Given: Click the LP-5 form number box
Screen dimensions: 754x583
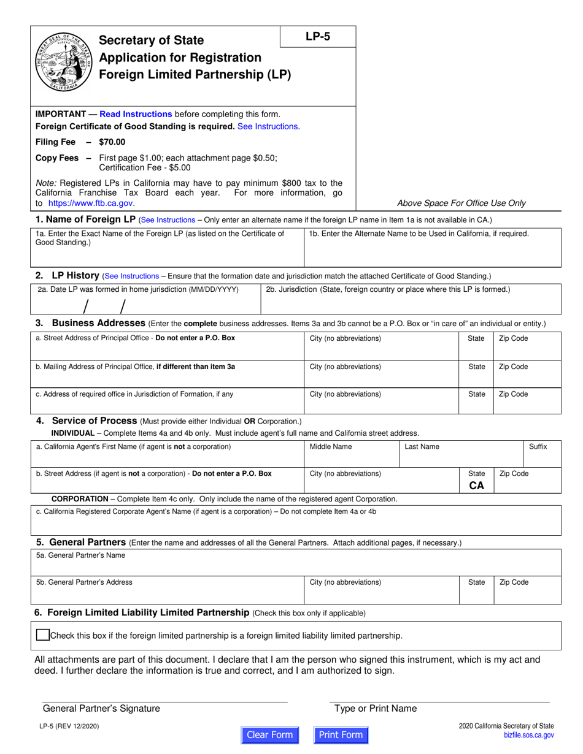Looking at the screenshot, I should pos(318,36).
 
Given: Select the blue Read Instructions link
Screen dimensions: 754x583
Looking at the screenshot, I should pos(136,114).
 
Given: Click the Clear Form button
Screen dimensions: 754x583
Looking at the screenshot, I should pos(269,735).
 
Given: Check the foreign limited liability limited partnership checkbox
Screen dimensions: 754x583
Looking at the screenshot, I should pos(42,635).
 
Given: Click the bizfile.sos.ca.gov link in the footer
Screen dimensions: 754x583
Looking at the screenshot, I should pos(528,735).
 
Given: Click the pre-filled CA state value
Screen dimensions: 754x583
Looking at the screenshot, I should pos(476,486).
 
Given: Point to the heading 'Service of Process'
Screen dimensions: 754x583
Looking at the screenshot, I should pos(95,421).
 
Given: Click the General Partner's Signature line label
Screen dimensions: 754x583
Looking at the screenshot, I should pos(101,709).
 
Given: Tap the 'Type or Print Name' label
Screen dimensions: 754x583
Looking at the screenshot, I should pos(376,709).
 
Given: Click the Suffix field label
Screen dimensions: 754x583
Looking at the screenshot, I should pos(538,447).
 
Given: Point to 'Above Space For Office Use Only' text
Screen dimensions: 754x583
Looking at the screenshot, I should pos(461,203).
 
